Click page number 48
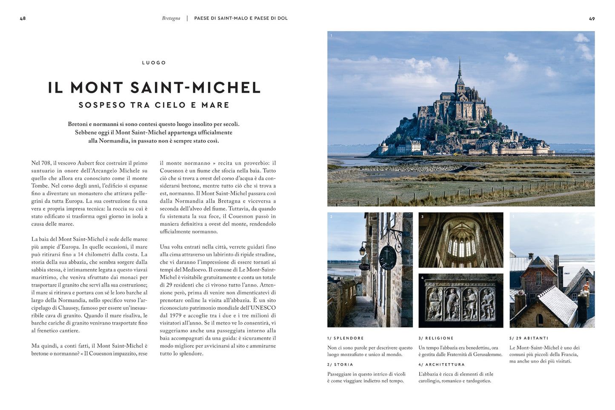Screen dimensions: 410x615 23,19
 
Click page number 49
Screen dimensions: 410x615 592,19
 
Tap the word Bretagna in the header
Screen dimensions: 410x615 171,19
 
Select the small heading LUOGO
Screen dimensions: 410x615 154,63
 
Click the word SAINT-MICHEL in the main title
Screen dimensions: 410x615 195,88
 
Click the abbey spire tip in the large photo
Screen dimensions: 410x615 459,58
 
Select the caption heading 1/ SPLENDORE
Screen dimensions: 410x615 345,338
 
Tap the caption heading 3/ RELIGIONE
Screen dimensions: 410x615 436,338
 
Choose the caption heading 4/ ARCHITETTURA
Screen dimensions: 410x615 441,364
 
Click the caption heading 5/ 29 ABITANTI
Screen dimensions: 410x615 529,338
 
